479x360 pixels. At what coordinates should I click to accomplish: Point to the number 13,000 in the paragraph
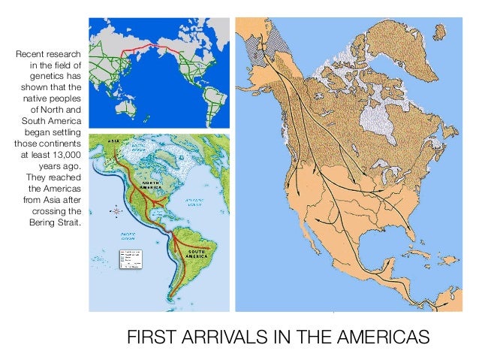[65, 153]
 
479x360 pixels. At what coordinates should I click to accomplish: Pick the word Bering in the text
[44, 223]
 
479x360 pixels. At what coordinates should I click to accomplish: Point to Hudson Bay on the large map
[374, 116]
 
